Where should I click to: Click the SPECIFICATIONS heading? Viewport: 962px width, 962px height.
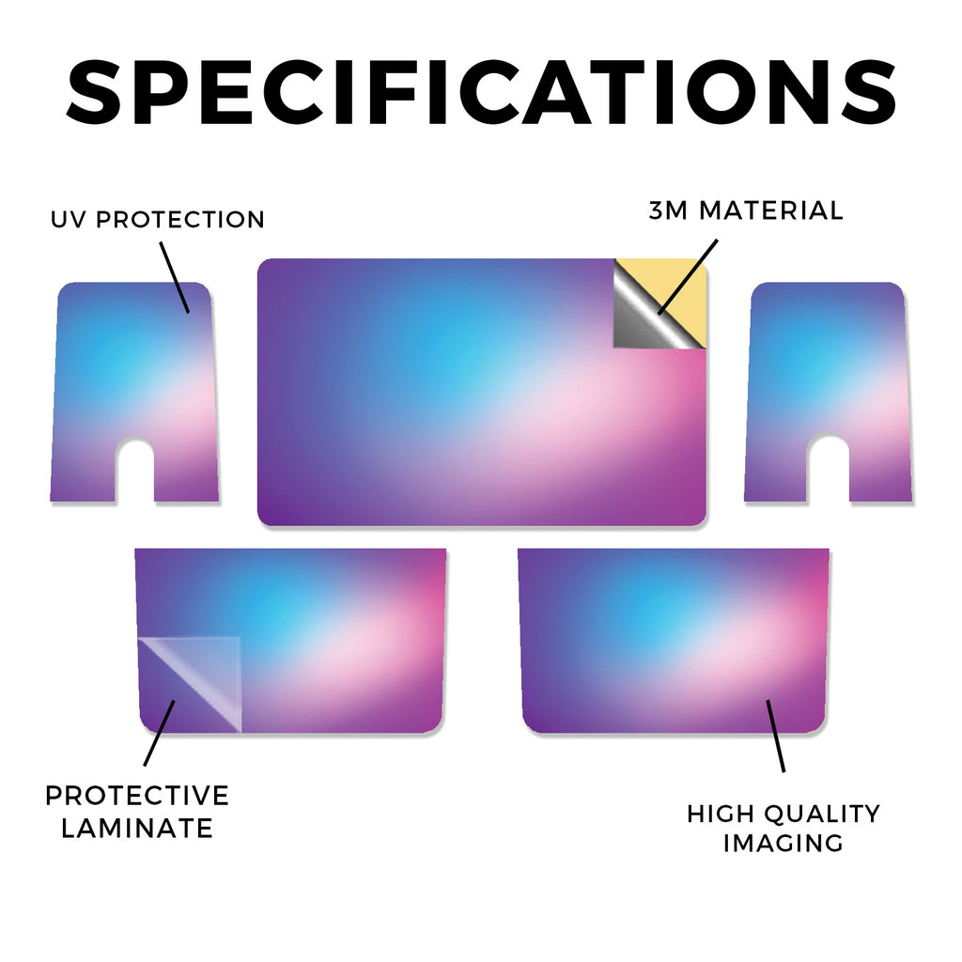pos(481,92)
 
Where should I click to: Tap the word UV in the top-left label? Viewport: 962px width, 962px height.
pos(69,220)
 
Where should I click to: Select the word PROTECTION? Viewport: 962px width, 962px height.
pos(180,220)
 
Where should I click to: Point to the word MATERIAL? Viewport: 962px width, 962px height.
pos(771,210)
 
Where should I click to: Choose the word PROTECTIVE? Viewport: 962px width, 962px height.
pos(137,796)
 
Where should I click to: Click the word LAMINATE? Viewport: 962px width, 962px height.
pos(137,829)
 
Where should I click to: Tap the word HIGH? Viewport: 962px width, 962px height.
pos(721,815)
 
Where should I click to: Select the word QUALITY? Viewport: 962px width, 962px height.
pos(822,815)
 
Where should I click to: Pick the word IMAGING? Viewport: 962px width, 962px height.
pos(783,843)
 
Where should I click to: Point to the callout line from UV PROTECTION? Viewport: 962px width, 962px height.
pos(175,277)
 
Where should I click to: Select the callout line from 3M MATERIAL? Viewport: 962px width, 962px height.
pos(688,277)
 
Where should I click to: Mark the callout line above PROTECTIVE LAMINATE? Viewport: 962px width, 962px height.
pos(160,733)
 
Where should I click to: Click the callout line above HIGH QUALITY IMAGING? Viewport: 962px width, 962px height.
pos(775,736)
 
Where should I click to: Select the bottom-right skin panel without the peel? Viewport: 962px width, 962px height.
pos(674,641)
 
